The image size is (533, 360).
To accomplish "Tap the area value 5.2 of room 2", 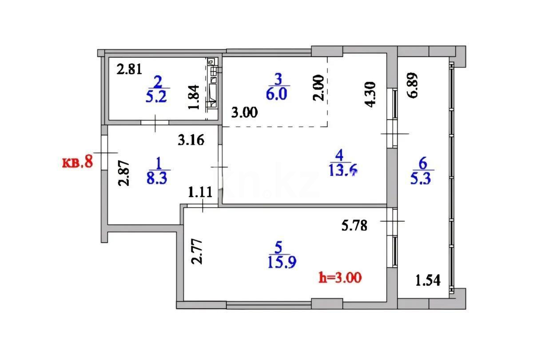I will click(x=156, y=96).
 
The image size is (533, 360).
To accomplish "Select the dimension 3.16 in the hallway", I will click(x=191, y=141).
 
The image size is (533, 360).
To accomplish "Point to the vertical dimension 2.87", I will click(x=126, y=173).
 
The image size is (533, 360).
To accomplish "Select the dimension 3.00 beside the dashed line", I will click(x=244, y=112).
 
